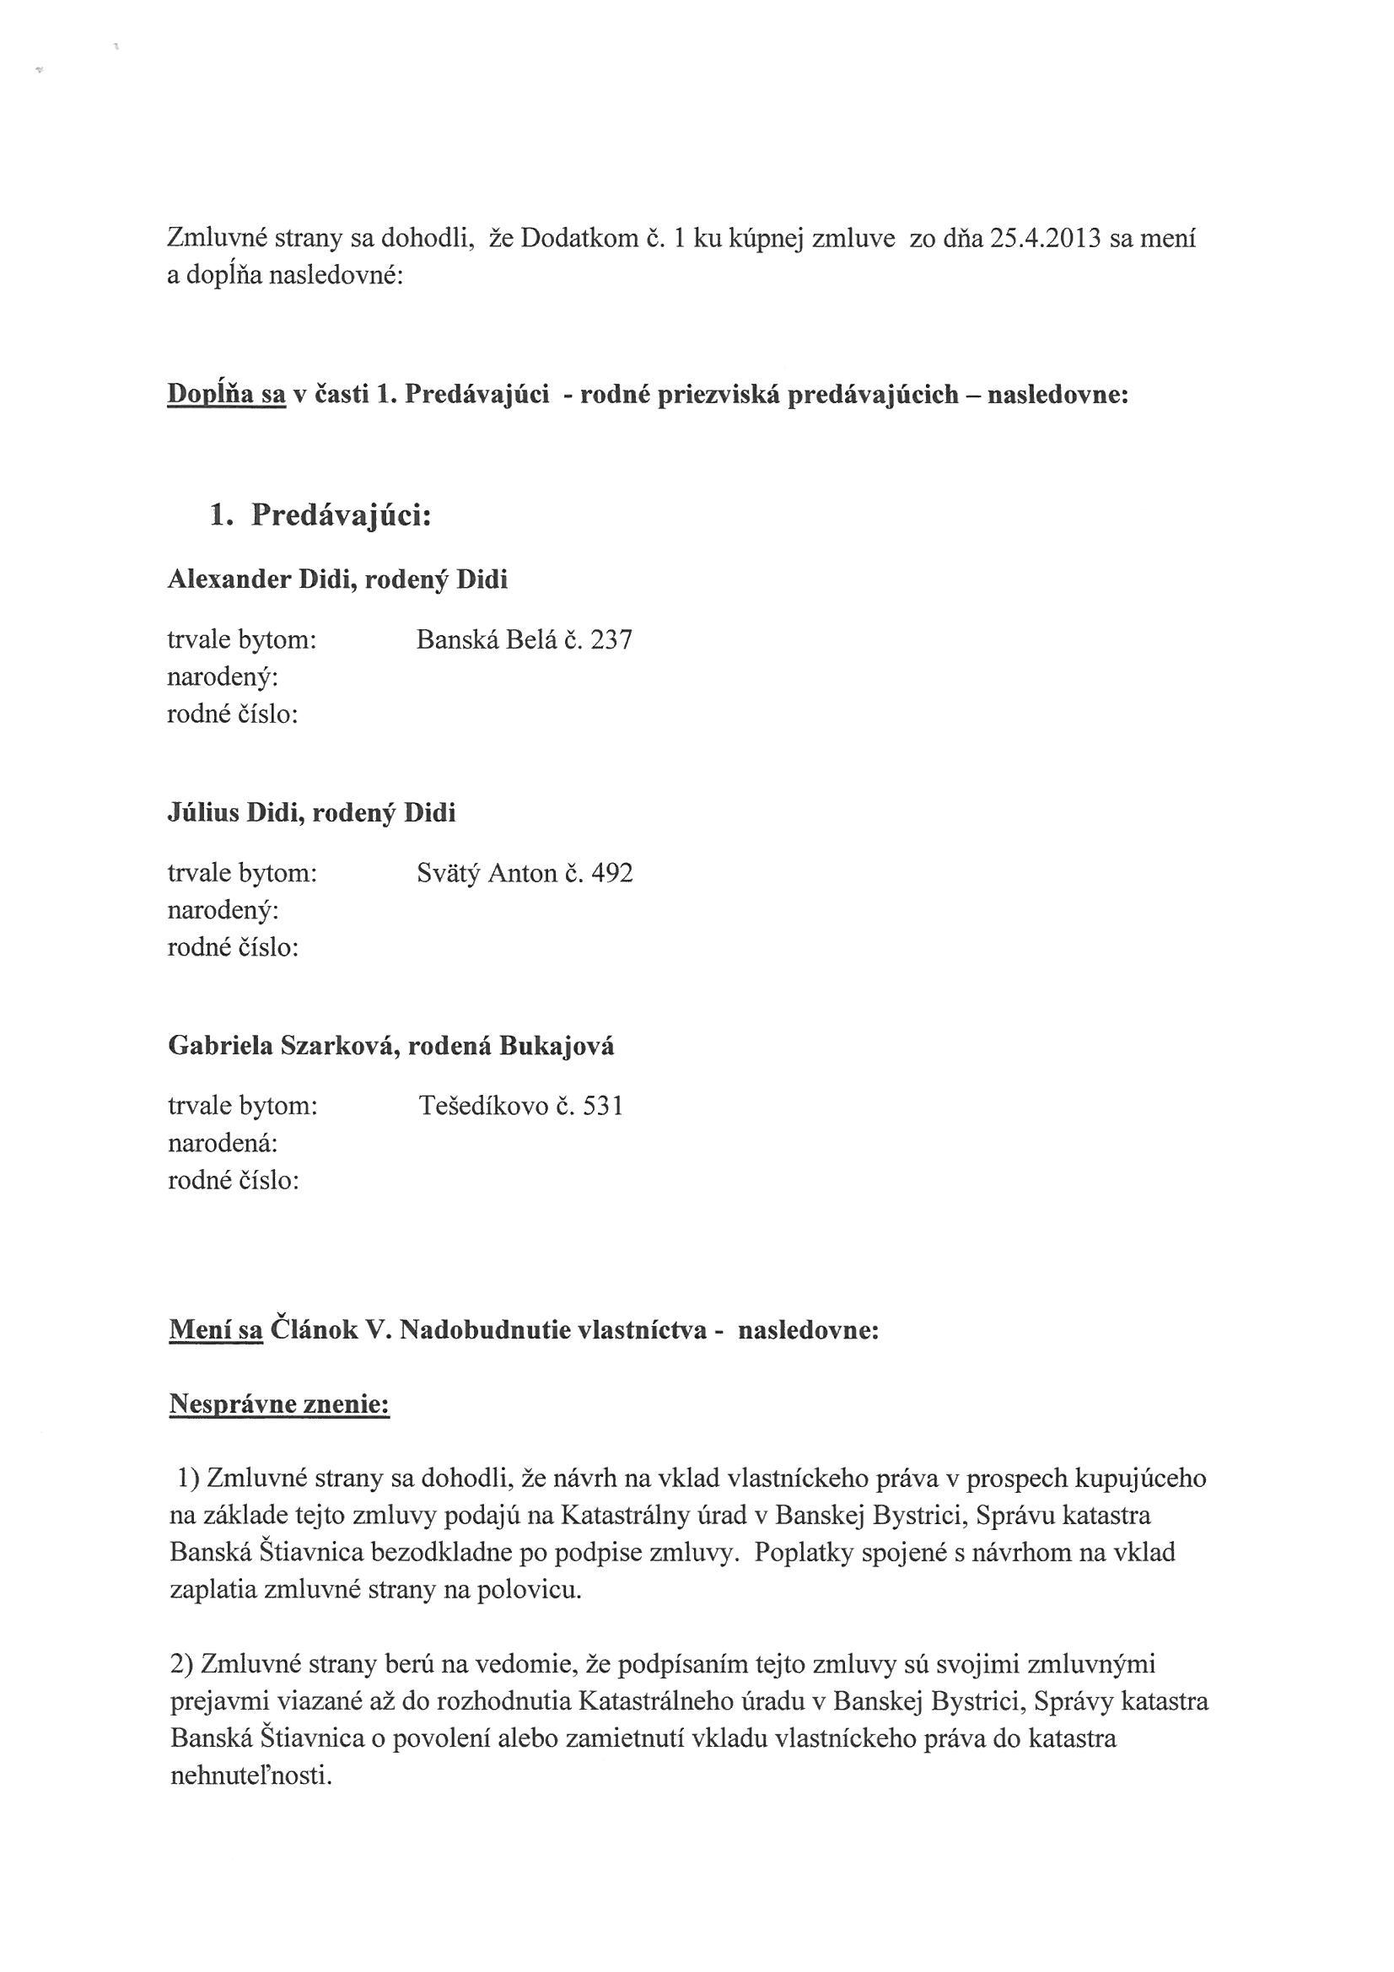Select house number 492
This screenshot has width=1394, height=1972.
point(611,874)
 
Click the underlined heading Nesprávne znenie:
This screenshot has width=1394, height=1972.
point(279,1405)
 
